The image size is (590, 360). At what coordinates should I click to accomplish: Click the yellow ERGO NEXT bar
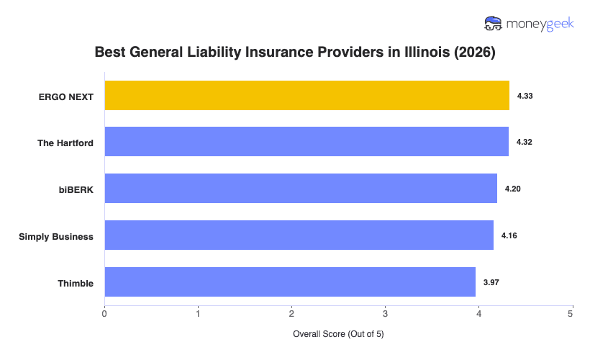tap(307, 96)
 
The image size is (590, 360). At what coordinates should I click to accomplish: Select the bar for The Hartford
tap(307, 142)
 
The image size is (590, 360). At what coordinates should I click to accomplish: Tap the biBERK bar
tap(301, 189)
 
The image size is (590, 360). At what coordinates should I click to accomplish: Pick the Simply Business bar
tap(299, 235)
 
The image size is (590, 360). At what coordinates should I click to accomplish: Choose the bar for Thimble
tap(290, 282)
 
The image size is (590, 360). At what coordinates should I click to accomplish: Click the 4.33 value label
tap(525, 96)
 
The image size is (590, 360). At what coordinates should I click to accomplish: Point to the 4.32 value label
tap(524, 143)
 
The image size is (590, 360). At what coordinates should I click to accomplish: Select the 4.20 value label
tap(512, 189)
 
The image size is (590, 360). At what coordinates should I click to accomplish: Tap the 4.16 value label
tap(509, 235)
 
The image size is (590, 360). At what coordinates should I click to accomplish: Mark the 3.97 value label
tap(491, 282)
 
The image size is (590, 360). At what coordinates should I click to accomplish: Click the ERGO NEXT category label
tap(66, 96)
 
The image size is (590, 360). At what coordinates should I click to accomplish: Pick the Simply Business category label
tap(56, 236)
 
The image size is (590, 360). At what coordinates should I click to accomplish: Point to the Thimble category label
tap(76, 283)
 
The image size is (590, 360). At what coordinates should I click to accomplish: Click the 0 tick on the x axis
tap(105, 313)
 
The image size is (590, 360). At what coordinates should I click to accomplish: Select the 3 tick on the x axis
tap(385, 313)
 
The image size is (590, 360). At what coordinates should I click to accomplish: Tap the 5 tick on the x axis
tap(571, 313)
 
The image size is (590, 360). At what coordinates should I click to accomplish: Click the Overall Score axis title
tap(338, 335)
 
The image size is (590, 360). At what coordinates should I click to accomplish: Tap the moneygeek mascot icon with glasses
tap(494, 24)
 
